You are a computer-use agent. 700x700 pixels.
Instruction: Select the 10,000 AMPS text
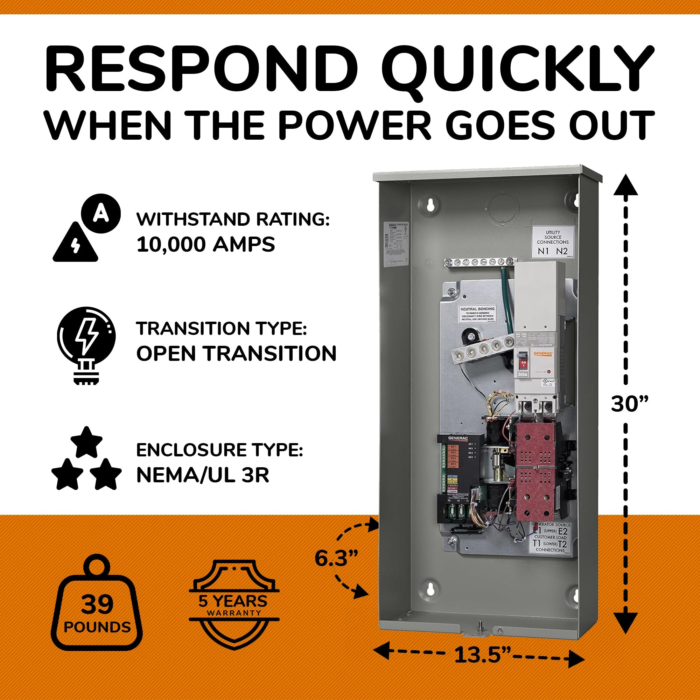pyautogui.click(x=205, y=245)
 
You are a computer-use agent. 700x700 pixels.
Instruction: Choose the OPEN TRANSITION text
pyautogui.click(x=236, y=353)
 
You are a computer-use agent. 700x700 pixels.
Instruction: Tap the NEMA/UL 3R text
pyautogui.click(x=203, y=476)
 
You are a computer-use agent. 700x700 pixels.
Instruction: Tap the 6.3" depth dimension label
pyautogui.click(x=336, y=558)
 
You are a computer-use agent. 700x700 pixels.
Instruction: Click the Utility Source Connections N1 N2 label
pyautogui.click(x=553, y=241)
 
